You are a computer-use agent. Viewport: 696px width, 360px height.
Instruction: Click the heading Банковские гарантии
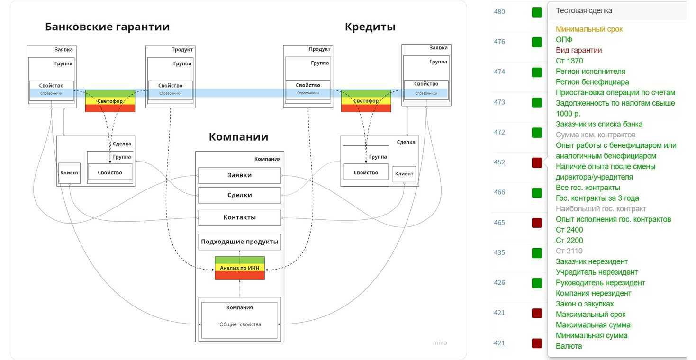pos(107,27)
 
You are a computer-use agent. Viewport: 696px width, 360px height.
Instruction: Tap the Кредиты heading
pos(370,27)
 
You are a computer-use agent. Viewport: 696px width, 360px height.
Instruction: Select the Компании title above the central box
pos(238,137)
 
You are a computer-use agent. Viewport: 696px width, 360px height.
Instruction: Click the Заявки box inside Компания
pos(239,175)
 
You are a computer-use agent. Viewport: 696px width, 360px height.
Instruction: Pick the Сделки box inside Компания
pos(239,195)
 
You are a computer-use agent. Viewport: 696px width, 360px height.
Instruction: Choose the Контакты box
pos(239,217)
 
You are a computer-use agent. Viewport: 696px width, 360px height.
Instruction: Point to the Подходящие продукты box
pos(239,242)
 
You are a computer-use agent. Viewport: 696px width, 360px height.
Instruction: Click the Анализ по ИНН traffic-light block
pos(239,268)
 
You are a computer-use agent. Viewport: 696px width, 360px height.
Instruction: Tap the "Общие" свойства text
pos(239,324)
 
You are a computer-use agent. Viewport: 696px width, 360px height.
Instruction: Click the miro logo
pos(440,342)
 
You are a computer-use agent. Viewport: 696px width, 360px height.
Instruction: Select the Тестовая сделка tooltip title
pos(584,10)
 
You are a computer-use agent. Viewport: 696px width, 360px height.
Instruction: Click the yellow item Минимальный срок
pos(589,29)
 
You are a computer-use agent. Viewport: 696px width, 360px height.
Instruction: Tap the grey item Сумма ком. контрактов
pos(596,135)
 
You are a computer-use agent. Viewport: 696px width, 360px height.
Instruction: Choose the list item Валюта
pos(569,346)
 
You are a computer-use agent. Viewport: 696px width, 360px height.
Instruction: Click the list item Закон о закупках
pos(585,304)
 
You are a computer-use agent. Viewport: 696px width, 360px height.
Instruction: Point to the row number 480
pos(499,12)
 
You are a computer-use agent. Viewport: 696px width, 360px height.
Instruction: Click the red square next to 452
pos(537,162)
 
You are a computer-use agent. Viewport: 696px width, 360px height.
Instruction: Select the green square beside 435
pos(537,253)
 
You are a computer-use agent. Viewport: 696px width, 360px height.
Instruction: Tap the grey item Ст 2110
pos(569,251)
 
